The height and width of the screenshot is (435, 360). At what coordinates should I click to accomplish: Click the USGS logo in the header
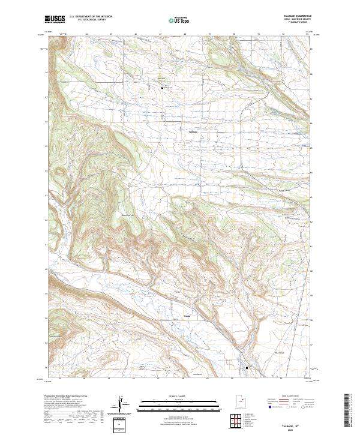click(x=55, y=19)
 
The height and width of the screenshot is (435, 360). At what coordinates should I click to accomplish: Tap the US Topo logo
click(x=179, y=19)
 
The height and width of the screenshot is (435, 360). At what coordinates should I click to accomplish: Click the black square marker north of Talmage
click(x=162, y=88)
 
